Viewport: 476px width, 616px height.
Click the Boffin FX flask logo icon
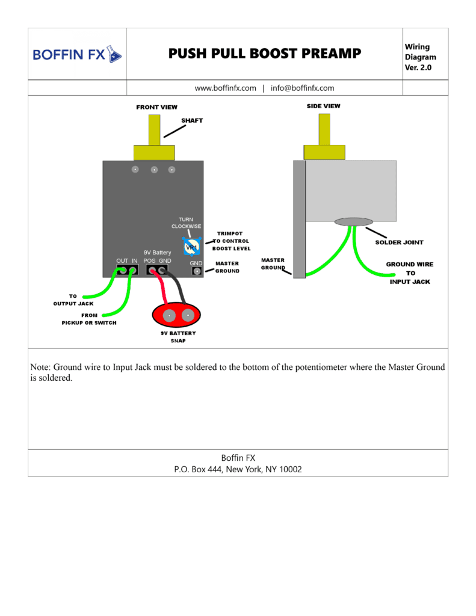pos(114,54)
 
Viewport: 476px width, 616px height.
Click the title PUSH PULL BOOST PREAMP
pos(265,54)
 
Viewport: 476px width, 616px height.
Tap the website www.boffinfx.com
pos(225,88)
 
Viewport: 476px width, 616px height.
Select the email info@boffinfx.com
pos(302,88)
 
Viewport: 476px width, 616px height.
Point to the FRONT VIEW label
pos(157,107)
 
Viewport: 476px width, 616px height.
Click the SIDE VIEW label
pos(324,106)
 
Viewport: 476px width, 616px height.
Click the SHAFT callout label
pos(192,120)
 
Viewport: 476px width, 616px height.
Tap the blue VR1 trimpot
pos(191,246)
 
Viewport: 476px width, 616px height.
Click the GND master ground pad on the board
pos(197,271)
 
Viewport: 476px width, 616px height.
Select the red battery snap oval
pos(176,315)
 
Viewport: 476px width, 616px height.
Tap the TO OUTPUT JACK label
pos(73,300)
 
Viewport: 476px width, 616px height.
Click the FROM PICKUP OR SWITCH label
pos(89,319)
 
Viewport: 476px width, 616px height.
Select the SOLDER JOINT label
pos(400,242)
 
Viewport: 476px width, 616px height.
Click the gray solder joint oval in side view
pos(354,222)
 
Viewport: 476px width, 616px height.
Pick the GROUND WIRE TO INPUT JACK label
pos(410,273)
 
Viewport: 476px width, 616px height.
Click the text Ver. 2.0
pos(418,67)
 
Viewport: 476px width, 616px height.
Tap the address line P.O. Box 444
pos(238,469)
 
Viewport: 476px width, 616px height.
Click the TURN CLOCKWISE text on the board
pos(187,223)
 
